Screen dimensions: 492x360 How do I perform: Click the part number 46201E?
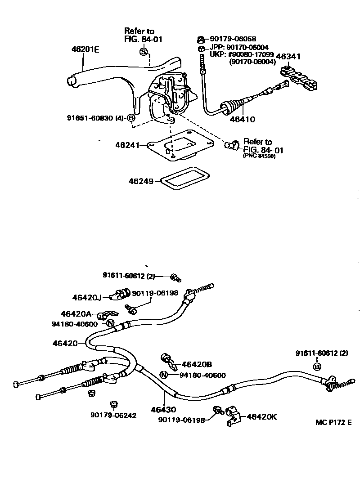click(85, 49)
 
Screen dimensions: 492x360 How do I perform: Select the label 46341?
click(288, 56)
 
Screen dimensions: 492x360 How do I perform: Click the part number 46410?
click(243, 120)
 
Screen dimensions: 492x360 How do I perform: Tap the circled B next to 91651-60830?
click(131, 118)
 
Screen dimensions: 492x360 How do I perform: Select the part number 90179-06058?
click(233, 39)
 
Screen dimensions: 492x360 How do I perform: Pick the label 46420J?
click(87, 297)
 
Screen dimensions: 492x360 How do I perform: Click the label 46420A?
click(76, 313)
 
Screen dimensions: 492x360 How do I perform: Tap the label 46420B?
click(197, 364)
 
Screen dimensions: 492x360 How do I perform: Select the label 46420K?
click(261, 417)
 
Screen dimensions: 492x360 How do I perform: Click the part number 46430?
click(163, 410)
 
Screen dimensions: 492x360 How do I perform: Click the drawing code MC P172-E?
click(333, 422)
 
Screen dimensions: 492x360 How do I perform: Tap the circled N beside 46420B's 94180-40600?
click(164, 375)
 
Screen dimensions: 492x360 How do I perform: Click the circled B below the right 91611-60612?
click(317, 367)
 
